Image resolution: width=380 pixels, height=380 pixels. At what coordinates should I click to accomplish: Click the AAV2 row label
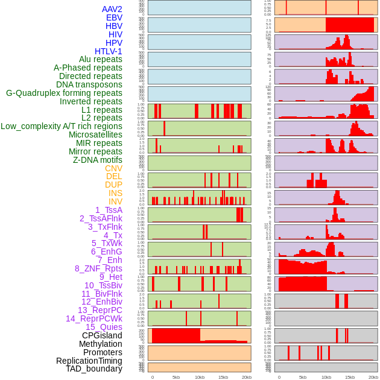(x=112, y=9)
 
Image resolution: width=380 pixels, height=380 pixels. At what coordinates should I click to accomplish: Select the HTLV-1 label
(x=108, y=51)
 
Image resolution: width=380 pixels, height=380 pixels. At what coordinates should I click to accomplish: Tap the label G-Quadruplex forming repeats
(x=64, y=93)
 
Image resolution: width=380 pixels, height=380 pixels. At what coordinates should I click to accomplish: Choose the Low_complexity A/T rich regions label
(x=62, y=126)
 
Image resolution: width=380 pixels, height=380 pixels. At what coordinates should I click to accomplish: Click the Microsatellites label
(x=95, y=135)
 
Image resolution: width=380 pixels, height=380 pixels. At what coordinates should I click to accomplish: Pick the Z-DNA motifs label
(x=97, y=160)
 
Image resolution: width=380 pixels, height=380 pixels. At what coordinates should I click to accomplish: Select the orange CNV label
(x=113, y=168)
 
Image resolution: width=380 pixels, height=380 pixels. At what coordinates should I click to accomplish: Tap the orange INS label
(x=114, y=193)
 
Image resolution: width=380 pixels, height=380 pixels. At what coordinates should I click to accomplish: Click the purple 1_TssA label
(x=109, y=210)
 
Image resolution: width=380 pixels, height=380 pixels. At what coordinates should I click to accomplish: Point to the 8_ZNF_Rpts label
(x=98, y=268)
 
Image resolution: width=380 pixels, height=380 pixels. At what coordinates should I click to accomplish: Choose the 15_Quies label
(x=104, y=327)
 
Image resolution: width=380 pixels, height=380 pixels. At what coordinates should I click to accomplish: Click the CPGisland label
(x=102, y=335)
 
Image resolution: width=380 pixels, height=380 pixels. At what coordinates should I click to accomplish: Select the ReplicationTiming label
(x=89, y=361)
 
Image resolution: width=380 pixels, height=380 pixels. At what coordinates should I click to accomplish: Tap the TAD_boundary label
(x=93, y=369)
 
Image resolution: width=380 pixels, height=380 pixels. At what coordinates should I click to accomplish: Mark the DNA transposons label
(x=89, y=84)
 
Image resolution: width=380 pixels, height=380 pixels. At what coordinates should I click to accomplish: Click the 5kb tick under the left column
(x=176, y=377)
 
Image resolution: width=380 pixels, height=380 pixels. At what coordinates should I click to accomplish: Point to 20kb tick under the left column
(x=247, y=377)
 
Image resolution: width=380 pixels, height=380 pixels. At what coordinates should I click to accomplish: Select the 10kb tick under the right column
(x=326, y=377)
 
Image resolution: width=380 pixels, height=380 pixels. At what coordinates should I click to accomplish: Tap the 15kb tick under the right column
(x=350, y=377)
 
